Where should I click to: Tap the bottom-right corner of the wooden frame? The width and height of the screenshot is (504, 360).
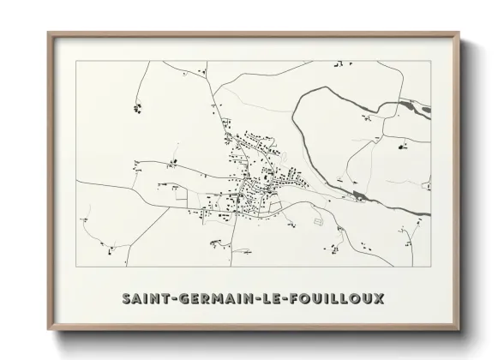pyautogui.click(x=460, y=331)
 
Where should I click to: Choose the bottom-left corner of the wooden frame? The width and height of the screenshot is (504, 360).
pyautogui.click(x=49, y=331)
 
